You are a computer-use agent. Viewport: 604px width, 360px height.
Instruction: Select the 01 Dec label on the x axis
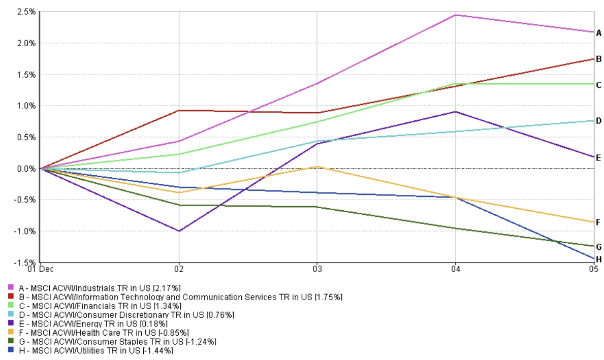41,269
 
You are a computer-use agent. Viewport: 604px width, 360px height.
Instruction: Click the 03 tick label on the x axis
317,269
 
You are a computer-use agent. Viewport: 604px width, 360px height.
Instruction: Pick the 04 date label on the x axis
455,269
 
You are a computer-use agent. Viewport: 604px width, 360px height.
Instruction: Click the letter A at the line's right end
599,33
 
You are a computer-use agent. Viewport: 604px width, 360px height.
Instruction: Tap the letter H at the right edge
599,259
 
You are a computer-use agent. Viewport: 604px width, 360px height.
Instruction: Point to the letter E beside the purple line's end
599,158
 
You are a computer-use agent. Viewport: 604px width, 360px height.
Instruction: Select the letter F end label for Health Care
599,222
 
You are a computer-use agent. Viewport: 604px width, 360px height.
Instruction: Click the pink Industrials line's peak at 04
455,15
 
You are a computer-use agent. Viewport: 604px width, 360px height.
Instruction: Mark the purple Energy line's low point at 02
179,231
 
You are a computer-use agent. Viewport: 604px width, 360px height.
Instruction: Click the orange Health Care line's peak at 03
317,167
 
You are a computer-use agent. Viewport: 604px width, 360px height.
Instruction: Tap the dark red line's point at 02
179,110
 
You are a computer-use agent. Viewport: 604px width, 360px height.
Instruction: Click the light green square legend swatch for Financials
11,306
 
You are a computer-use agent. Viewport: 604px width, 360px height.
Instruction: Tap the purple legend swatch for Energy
11,323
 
